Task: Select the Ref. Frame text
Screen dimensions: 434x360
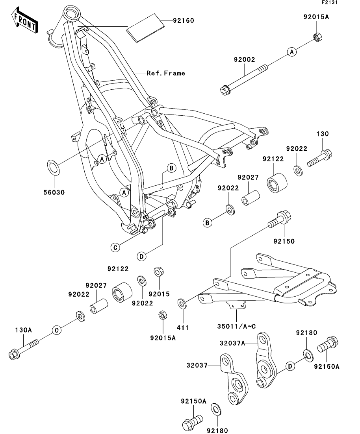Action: pos(165,73)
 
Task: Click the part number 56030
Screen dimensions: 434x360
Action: pos(54,192)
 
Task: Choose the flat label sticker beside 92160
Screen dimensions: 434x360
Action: pos(144,27)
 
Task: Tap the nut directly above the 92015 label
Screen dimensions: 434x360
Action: pos(159,272)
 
